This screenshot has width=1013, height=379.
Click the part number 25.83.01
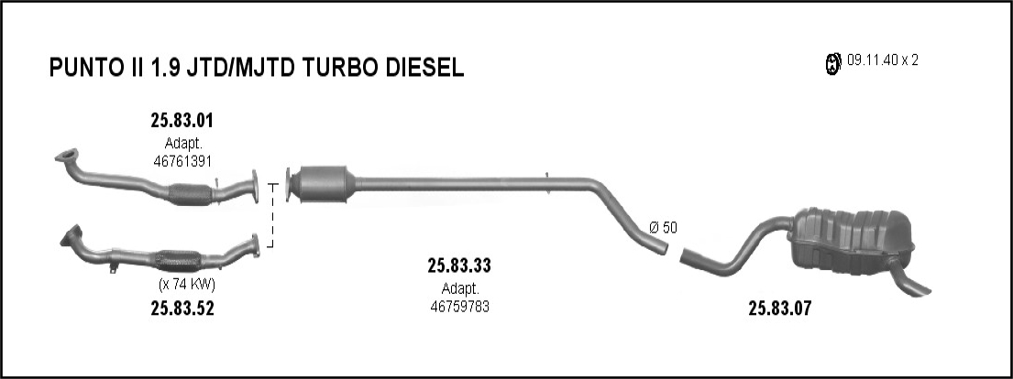click(182, 120)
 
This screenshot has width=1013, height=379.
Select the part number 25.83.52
click(182, 309)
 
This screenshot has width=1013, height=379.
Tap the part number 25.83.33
click(459, 265)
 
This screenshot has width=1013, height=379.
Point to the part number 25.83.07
click(779, 309)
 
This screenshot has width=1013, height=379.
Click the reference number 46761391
click(182, 161)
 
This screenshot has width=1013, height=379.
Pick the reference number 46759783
click(459, 307)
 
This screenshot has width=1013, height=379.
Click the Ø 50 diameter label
click(664, 227)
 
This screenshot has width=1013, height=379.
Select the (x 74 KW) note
click(187, 284)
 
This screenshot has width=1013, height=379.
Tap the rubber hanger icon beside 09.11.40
click(834, 62)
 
